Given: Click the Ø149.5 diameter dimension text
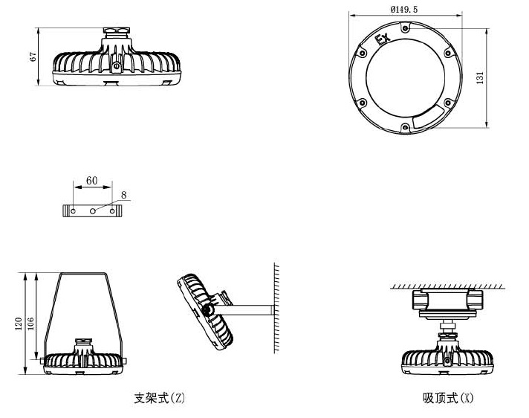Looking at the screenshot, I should click(405, 8).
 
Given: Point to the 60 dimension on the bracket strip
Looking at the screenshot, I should click(92, 181).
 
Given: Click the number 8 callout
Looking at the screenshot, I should click(123, 195).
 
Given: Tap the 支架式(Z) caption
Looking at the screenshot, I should click(159, 398).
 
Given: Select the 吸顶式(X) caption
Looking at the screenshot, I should click(448, 398).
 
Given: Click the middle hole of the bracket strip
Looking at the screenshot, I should click(93, 211).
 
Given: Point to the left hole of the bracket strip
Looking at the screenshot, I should click(73, 211).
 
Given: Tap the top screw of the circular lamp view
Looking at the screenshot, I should click(405, 28).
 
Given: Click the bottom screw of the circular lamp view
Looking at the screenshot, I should click(405, 128).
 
